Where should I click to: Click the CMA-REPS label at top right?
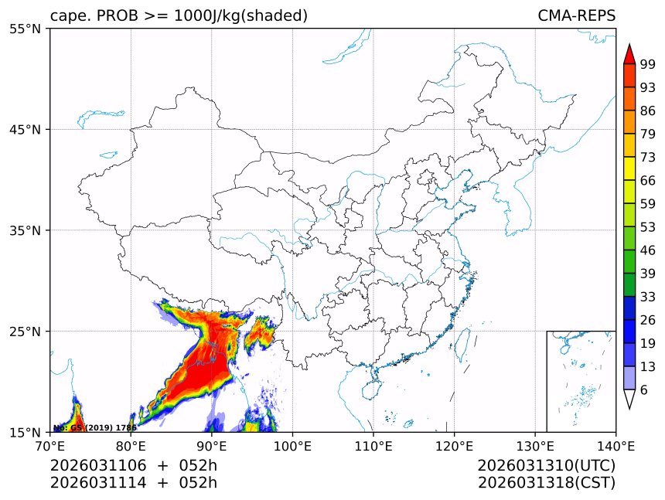pyautogui.click(x=576, y=15)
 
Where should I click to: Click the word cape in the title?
pyautogui.click(x=66, y=16)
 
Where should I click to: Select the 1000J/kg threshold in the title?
pyautogui.click(x=203, y=15)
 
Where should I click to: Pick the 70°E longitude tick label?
pyautogui.click(x=50, y=445)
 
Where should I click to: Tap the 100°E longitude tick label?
pyautogui.click(x=292, y=445)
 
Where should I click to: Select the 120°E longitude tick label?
pyautogui.click(x=454, y=445)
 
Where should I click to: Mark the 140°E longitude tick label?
pyautogui.click(x=616, y=445)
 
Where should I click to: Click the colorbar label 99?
pyautogui.click(x=648, y=64)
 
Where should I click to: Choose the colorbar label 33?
pyautogui.click(x=648, y=297)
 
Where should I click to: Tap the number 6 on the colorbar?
pyautogui.click(x=644, y=389)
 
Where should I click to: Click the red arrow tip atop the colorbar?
pyautogui.click(x=629, y=53)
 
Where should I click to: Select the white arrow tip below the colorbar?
pyautogui.click(x=629, y=400)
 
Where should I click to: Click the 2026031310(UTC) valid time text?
pyautogui.click(x=546, y=465)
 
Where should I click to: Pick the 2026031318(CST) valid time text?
pyautogui.click(x=546, y=483)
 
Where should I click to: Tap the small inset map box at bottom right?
pyautogui.click(x=581, y=381)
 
